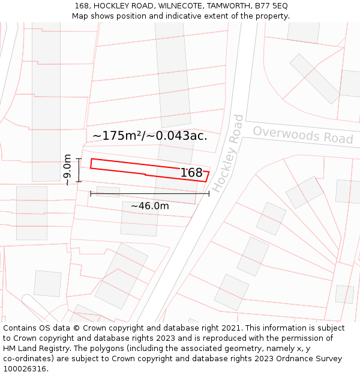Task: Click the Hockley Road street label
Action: click(x=228, y=153)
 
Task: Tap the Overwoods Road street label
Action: click(x=302, y=134)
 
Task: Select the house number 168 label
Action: click(x=191, y=173)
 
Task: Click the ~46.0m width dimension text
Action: click(x=149, y=206)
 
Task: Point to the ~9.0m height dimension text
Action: click(x=67, y=170)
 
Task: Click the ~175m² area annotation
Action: click(x=120, y=136)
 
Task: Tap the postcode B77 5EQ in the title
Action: click(x=271, y=5)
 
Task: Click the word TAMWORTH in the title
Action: click(x=226, y=5)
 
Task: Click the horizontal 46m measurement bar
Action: click(x=149, y=193)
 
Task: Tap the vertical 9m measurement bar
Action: click(x=79, y=170)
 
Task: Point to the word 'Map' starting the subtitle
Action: click(x=80, y=16)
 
